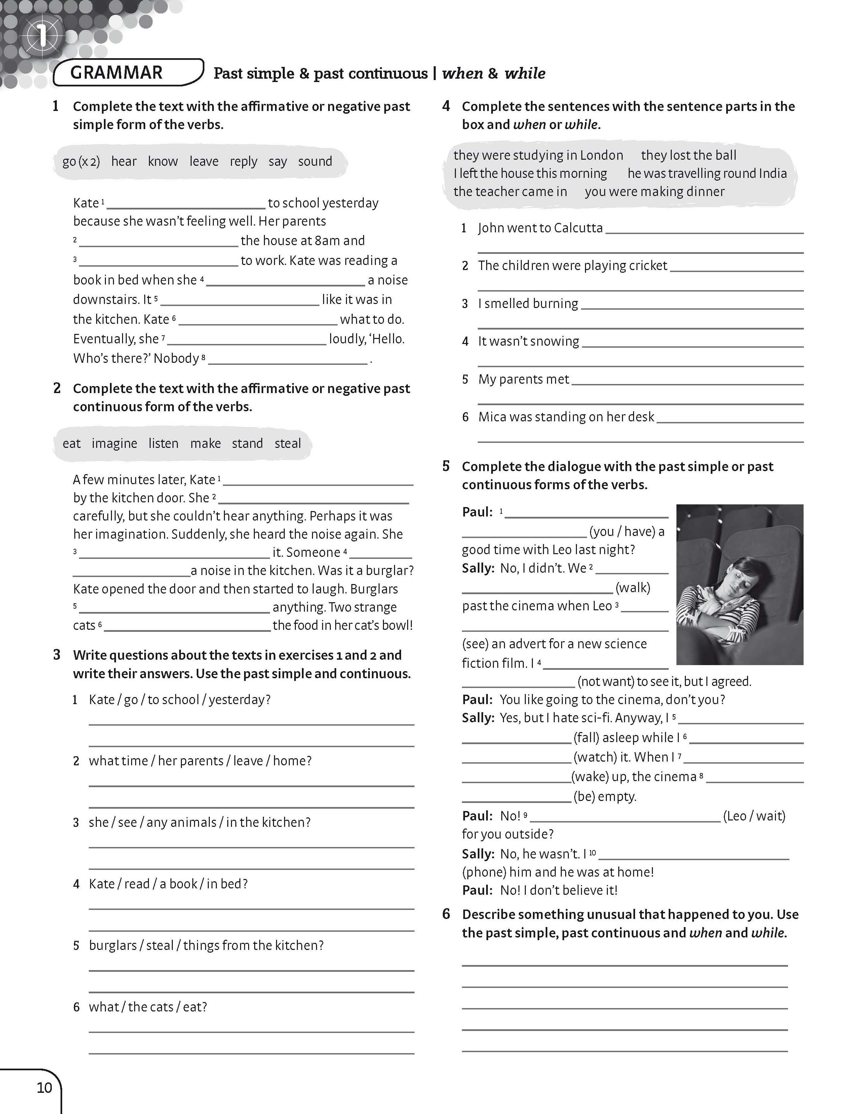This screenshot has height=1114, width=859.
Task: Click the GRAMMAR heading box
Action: (x=127, y=72)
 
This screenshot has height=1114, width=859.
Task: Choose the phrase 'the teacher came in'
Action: (x=510, y=192)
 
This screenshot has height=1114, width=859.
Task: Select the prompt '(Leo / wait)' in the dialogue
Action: (x=754, y=816)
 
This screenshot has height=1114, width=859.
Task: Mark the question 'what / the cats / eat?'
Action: (x=148, y=1007)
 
